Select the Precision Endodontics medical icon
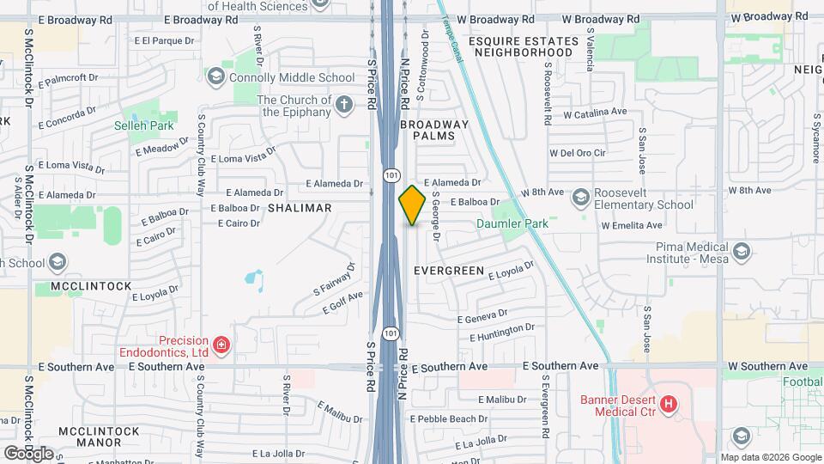tap(221, 345)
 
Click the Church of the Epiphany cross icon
tap(343, 105)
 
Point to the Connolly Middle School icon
tap(215, 77)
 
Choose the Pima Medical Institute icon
tap(742, 251)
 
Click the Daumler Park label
tap(512, 224)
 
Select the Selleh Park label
tap(144, 125)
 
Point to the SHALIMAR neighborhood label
tap(300, 208)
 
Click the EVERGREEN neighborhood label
tap(449, 270)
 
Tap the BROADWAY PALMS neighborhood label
tap(435, 130)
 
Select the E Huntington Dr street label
tap(502, 332)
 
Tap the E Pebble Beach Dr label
tap(450, 418)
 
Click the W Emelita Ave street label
tap(632, 225)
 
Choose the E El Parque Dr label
tap(167, 40)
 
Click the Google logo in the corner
tap(28, 453)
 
